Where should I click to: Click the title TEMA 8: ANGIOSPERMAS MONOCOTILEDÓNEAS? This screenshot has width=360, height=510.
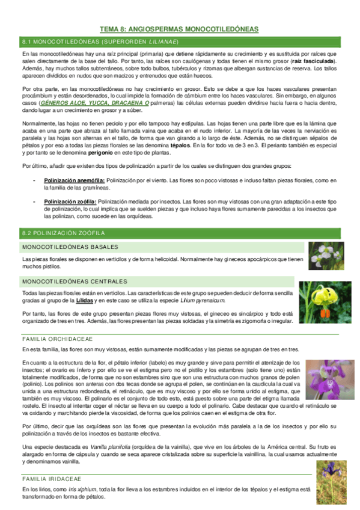click(179, 29)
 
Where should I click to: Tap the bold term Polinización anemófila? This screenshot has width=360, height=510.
click(67, 180)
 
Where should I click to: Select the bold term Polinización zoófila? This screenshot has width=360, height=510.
click(62, 201)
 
